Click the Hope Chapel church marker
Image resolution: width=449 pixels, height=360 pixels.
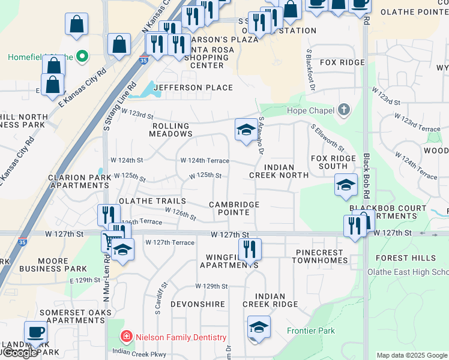(x=343, y=110)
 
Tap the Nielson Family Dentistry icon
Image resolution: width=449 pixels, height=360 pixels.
(x=127, y=337)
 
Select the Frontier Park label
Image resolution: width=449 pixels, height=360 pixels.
(x=311, y=331)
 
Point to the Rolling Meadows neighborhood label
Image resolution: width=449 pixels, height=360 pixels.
(x=170, y=130)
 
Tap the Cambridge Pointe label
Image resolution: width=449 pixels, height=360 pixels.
(x=234, y=208)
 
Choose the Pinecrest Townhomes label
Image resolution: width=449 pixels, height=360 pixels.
(x=319, y=257)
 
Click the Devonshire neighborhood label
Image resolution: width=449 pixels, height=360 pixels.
(x=197, y=305)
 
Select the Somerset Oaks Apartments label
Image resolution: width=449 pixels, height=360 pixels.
(x=76, y=316)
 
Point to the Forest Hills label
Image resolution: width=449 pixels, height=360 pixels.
(x=406, y=258)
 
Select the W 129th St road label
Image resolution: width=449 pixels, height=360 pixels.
(x=211, y=287)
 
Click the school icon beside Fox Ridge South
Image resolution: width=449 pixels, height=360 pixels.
(x=346, y=187)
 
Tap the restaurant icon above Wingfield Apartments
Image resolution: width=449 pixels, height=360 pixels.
(x=250, y=249)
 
